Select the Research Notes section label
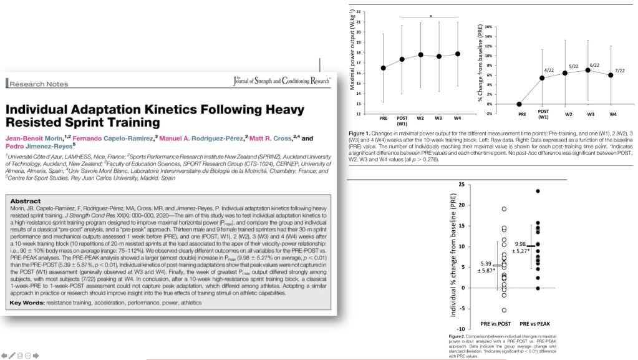37,82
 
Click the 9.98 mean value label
521,244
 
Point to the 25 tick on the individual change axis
461,185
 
